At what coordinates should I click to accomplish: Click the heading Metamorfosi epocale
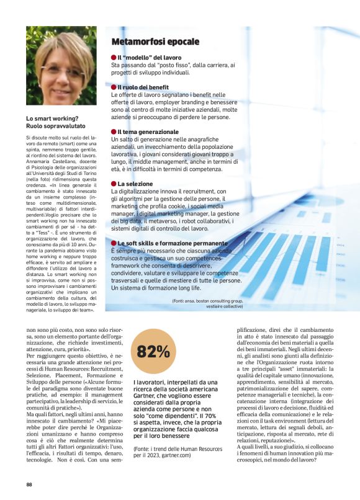click(x=155, y=42)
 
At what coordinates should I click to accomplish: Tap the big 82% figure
click(x=153, y=352)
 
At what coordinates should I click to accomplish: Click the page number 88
click(x=29, y=484)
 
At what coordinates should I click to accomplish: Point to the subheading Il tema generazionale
click(x=148, y=132)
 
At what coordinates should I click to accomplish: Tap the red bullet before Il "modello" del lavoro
click(x=114, y=57)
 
